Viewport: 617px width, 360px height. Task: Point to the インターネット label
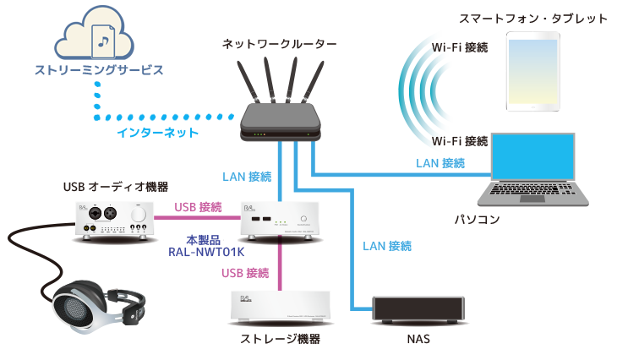tap(158, 133)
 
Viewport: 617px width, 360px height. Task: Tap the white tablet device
tap(532, 71)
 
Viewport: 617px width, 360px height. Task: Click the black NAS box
tap(420, 310)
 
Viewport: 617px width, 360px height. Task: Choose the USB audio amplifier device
tap(115, 221)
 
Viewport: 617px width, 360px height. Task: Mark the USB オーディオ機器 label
tap(115, 187)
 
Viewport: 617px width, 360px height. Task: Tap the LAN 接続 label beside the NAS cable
tap(387, 247)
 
